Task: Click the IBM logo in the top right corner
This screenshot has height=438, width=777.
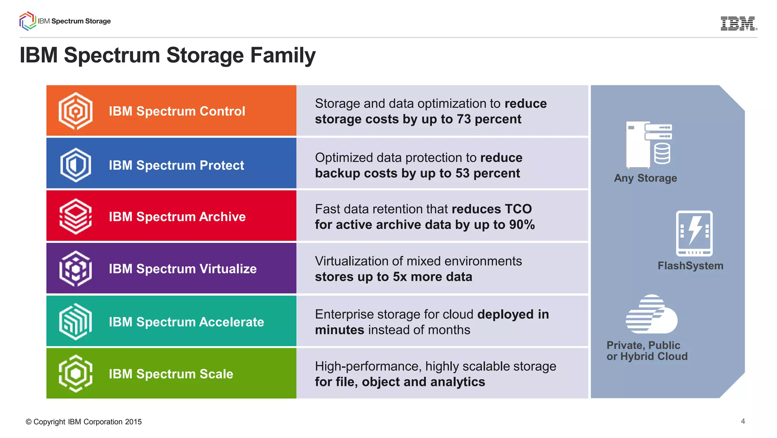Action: (x=738, y=24)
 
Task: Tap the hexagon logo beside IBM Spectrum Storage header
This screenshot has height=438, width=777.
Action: (x=27, y=21)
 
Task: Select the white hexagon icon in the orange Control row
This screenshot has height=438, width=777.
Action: (x=75, y=111)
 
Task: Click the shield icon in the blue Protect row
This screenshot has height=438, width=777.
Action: (x=75, y=165)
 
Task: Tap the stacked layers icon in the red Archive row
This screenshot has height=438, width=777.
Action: (x=75, y=217)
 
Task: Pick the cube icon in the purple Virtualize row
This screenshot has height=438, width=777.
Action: (x=75, y=269)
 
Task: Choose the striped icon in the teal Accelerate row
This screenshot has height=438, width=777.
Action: (x=75, y=321)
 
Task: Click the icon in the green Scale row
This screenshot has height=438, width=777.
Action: (x=75, y=373)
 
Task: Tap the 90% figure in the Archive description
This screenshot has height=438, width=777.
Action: (x=522, y=225)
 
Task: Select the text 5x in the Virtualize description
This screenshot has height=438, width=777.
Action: (x=400, y=277)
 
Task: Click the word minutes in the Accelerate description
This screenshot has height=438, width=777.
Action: (x=340, y=330)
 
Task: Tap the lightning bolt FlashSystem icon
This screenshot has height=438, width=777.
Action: (x=694, y=233)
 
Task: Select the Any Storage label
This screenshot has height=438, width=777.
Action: (x=645, y=178)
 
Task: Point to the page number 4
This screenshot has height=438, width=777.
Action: (x=742, y=421)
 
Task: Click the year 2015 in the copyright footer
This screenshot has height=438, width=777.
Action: (x=133, y=422)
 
